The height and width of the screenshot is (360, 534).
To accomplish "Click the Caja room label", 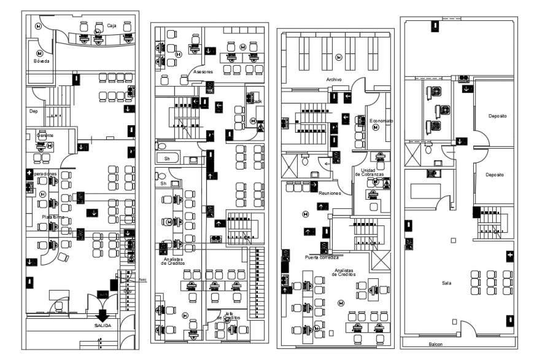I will [112, 26].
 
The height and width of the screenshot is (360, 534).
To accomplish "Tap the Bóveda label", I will [41, 61].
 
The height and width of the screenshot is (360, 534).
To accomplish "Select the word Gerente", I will [44, 135].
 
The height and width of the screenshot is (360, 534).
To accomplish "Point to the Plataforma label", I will [53, 217].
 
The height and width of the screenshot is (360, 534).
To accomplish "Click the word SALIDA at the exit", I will [103, 326].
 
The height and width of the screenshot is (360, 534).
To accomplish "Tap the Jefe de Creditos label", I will [228, 316].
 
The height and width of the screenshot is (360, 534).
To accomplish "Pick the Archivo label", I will [334, 80].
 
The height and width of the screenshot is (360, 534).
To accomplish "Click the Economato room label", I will [381, 121].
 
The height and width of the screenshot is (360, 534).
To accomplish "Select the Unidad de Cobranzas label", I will [372, 173].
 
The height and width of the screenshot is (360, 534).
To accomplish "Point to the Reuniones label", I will [330, 193].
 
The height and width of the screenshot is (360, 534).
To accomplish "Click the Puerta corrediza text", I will [320, 257].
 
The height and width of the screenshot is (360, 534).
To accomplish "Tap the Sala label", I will [446, 283].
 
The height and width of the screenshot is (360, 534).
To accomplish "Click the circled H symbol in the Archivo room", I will [338, 57].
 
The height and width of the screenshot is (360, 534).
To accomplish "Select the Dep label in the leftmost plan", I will [34, 111].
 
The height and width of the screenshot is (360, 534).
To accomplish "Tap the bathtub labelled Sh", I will [166, 158].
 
